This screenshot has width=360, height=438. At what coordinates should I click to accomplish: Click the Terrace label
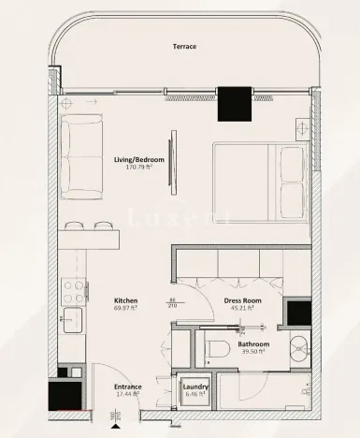click(183, 46)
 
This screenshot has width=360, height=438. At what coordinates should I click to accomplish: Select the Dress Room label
click(241, 300)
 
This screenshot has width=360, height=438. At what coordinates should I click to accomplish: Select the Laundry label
click(194, 386)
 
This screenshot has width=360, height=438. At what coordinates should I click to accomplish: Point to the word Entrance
click(128, 386)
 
